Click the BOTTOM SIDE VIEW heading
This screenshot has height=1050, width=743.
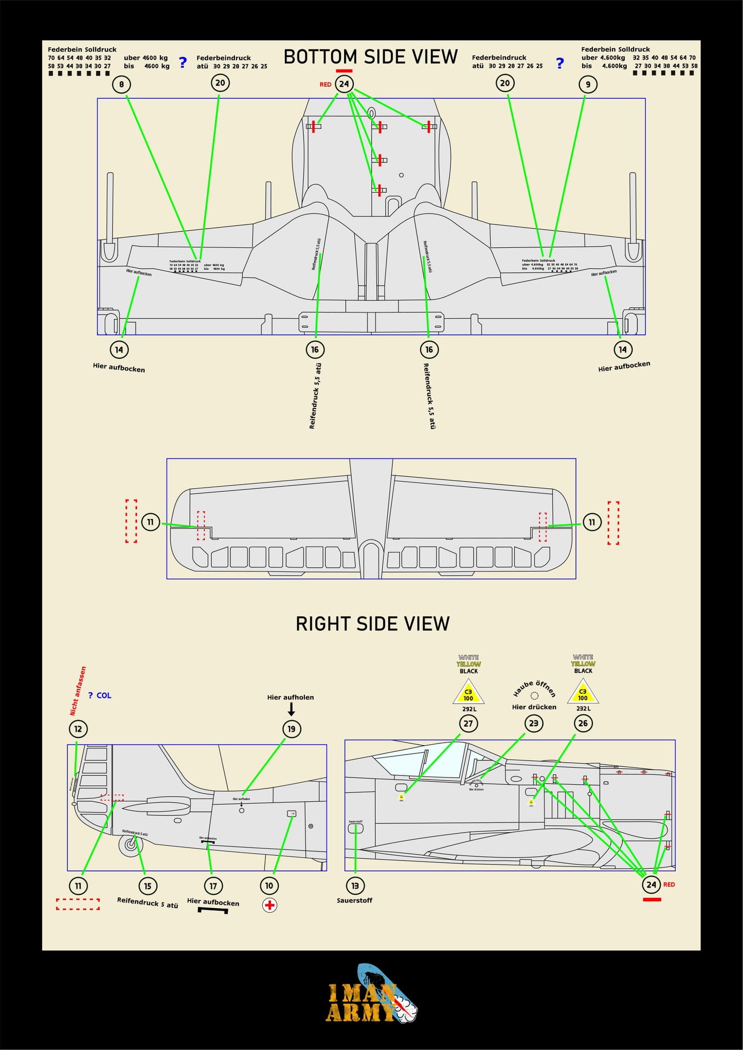pos(370,57)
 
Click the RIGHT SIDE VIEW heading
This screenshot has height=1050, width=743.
pos(372,624)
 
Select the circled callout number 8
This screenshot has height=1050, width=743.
pos(121,84)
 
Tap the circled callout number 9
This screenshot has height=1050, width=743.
pos(588,84)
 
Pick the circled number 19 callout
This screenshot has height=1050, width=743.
pos(292,729)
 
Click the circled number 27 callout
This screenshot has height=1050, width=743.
pos(468,724)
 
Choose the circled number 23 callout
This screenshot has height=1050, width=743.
pos(534,724)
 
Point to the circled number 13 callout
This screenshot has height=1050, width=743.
pos(355,886)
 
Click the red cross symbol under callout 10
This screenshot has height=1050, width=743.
pos(269,905)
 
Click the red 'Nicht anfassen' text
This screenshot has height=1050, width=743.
pos(78,691)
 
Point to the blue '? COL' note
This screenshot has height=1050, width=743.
pos(100,695)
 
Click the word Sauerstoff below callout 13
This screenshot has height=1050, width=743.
pos(354,900)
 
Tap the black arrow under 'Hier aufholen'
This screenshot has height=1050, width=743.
pos(291,710)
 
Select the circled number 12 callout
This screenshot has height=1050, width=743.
pos(78,729)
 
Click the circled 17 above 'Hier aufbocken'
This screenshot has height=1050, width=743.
pos(213,886)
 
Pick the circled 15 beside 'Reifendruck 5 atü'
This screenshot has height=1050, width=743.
pos(148,886)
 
